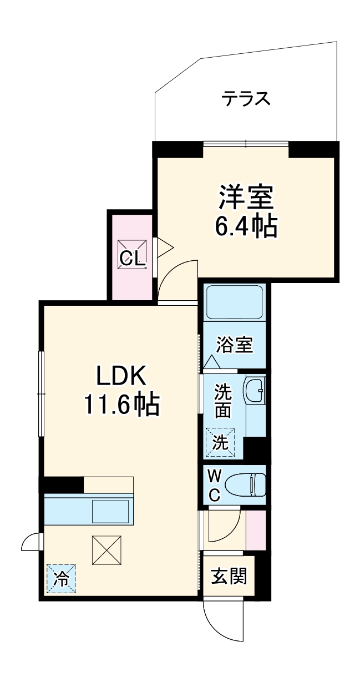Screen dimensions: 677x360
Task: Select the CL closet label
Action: (x=133, y=257)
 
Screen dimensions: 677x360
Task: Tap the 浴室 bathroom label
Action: (x=235, y=345)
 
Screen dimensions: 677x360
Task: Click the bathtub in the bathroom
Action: (x=234, y=303)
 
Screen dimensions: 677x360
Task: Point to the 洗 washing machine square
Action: (x=221, y=443)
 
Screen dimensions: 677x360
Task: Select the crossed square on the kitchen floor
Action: (x=106, y=549)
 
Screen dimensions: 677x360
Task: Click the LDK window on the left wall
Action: (x=40, y=393)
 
